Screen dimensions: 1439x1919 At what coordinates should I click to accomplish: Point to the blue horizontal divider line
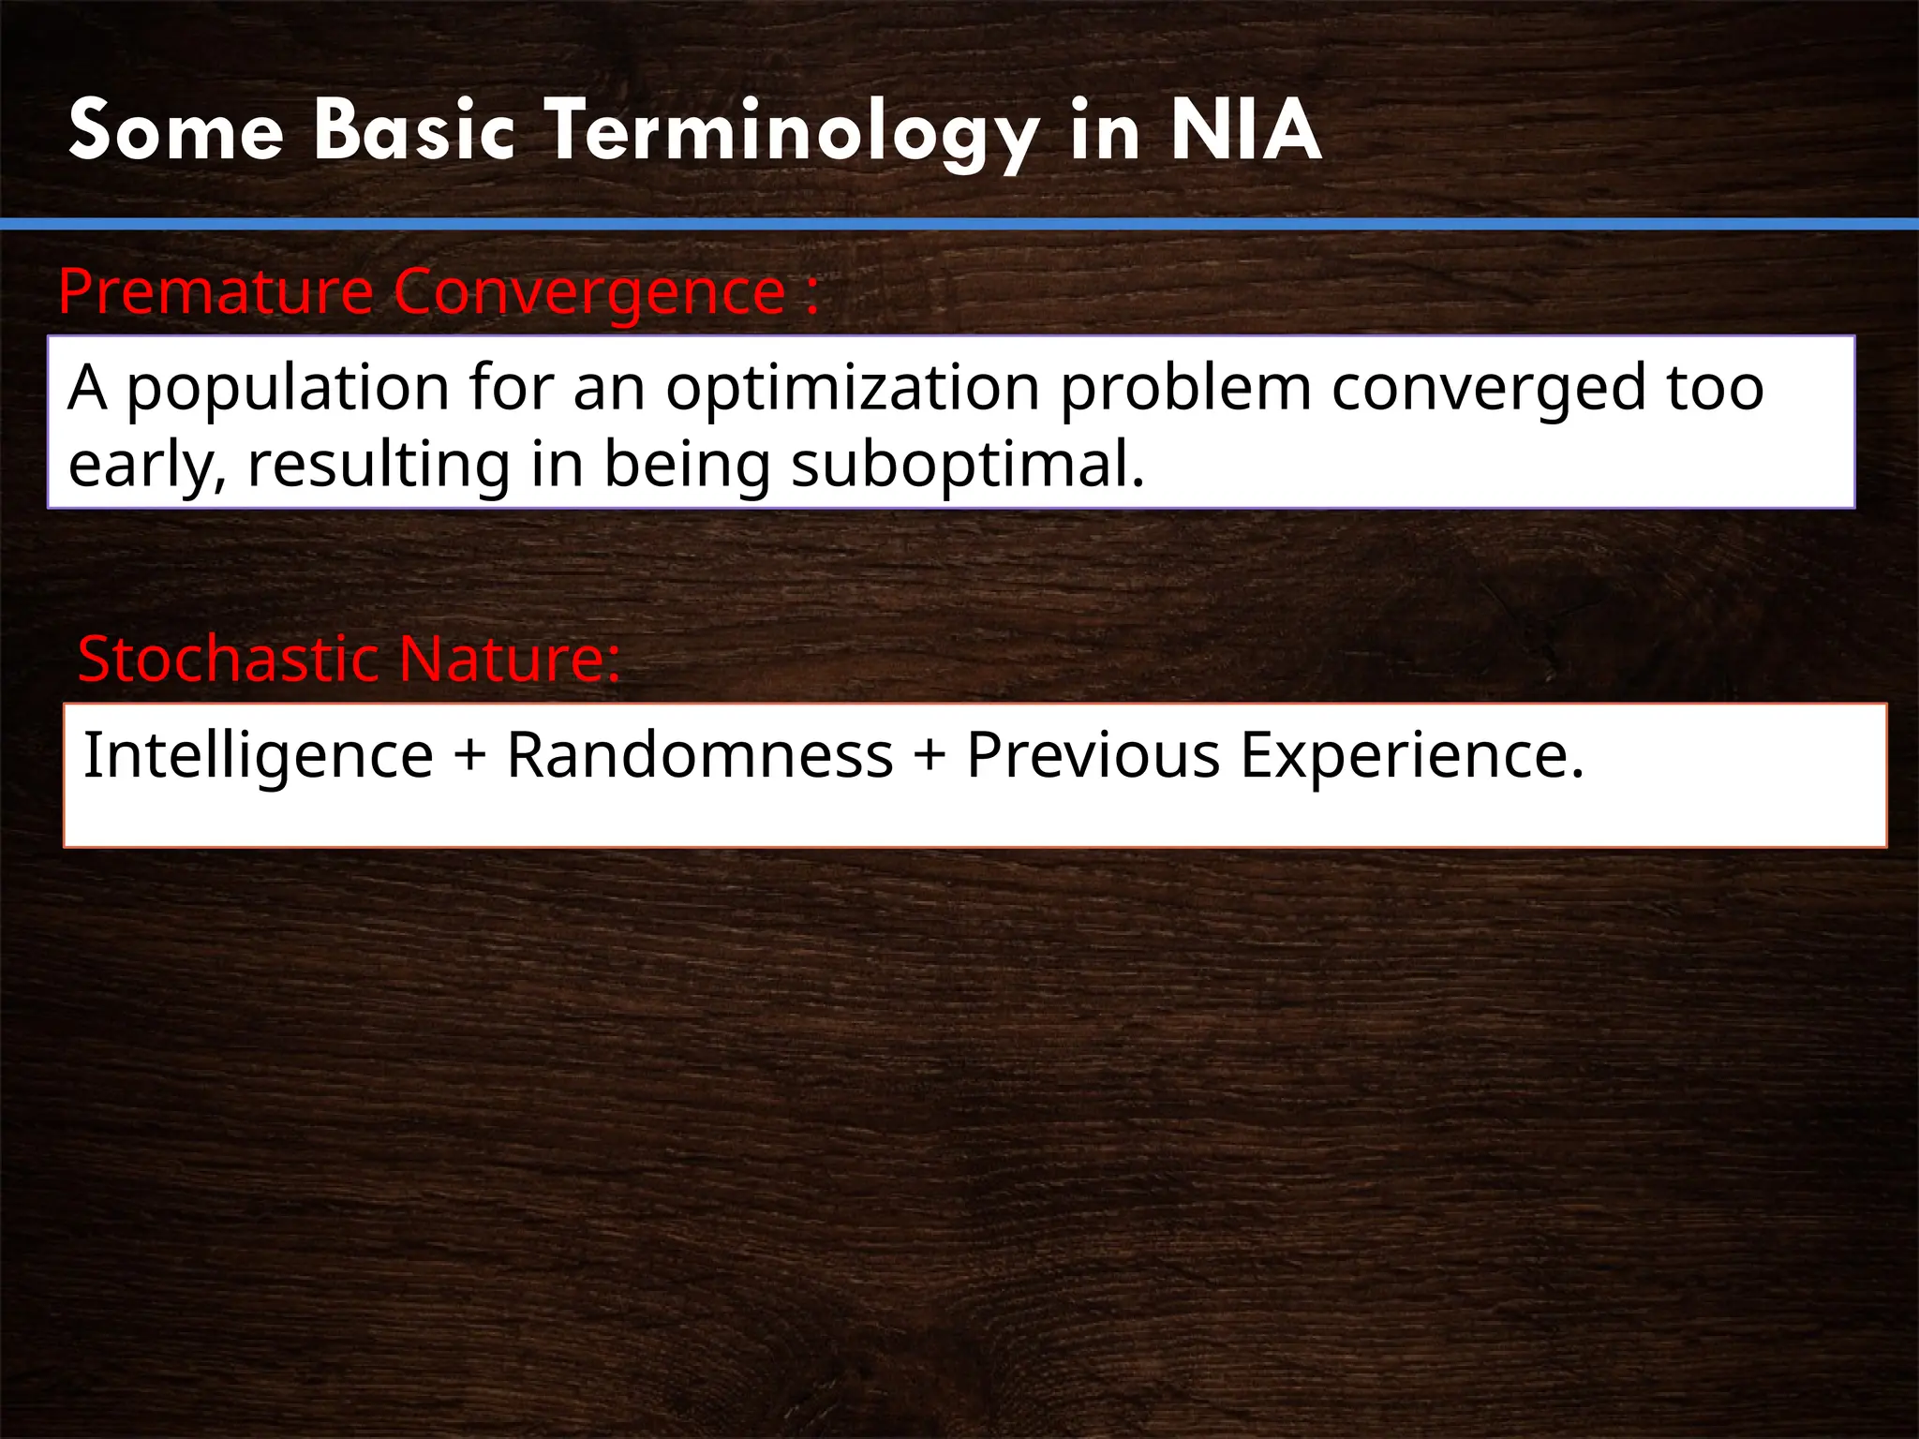click(959, 224)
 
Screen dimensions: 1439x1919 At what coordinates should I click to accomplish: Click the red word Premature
click(216, 292)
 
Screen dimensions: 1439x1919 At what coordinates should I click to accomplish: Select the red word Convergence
click(589, 292)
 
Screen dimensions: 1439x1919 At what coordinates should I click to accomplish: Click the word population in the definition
click(288, 389)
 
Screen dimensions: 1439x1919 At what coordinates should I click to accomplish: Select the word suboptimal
click(966, 465)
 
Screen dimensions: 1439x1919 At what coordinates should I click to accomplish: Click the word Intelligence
click(259, 755)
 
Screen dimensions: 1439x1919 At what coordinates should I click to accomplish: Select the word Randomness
click(700, 755)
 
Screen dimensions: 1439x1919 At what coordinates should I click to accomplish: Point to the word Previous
click(1093, 755)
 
